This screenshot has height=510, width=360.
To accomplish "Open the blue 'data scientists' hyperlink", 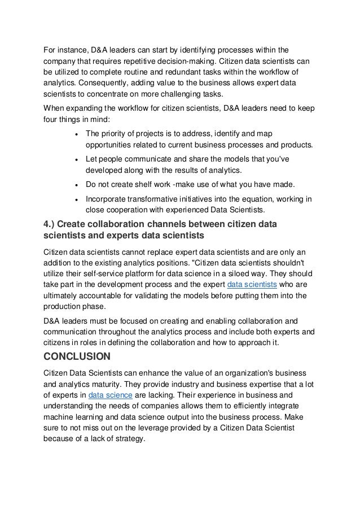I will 249,284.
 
